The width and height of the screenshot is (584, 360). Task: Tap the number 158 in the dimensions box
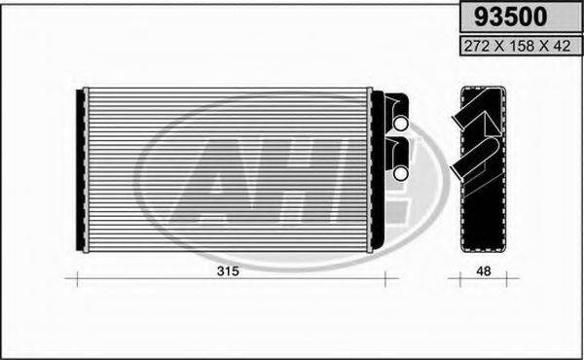click(516, 45)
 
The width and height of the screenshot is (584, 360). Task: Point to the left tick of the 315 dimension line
click(78, 280)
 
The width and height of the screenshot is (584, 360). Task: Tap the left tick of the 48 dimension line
click(459, 280)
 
